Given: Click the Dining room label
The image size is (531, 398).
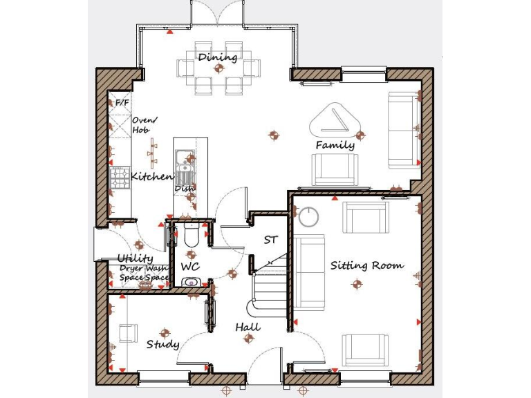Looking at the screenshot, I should pos(218,57).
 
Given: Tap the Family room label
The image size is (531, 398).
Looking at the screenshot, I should pos(335,145).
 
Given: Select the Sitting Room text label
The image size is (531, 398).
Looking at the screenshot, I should pos(366,265).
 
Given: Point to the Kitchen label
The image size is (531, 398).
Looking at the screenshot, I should pos(151,177).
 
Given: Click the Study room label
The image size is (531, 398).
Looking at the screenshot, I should pos(162,344).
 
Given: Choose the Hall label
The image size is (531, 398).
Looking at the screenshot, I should pos(248,327).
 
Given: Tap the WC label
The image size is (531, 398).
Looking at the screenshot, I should pos(190,266).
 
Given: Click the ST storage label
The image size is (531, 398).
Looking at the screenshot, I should pos(270,240).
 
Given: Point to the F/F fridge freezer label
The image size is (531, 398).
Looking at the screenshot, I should pos(122,103).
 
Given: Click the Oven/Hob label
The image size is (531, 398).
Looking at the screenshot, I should pos(145,124).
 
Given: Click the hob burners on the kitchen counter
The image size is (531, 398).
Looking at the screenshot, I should pos(120,178).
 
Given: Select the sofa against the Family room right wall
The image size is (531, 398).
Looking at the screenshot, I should pos(403,131).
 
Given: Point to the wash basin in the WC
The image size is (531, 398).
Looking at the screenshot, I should pos(191,282).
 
